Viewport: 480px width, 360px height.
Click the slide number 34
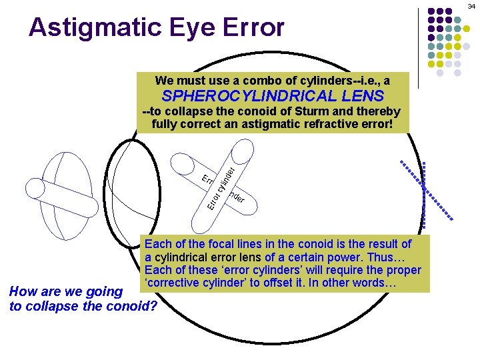[x=471, y=5]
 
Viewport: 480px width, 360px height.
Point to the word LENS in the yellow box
[x=361, y=96]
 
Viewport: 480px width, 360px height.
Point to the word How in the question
[x=21, y=291]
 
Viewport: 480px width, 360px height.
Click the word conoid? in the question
[x=133, y=306]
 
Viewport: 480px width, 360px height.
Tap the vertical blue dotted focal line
[x=424, y=194]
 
